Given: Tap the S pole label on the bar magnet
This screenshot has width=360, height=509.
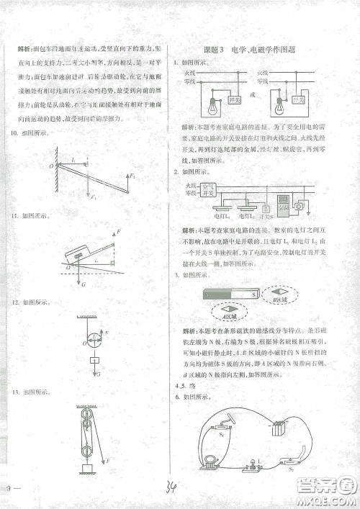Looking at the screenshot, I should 255,294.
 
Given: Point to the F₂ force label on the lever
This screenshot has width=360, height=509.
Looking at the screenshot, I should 132,175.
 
